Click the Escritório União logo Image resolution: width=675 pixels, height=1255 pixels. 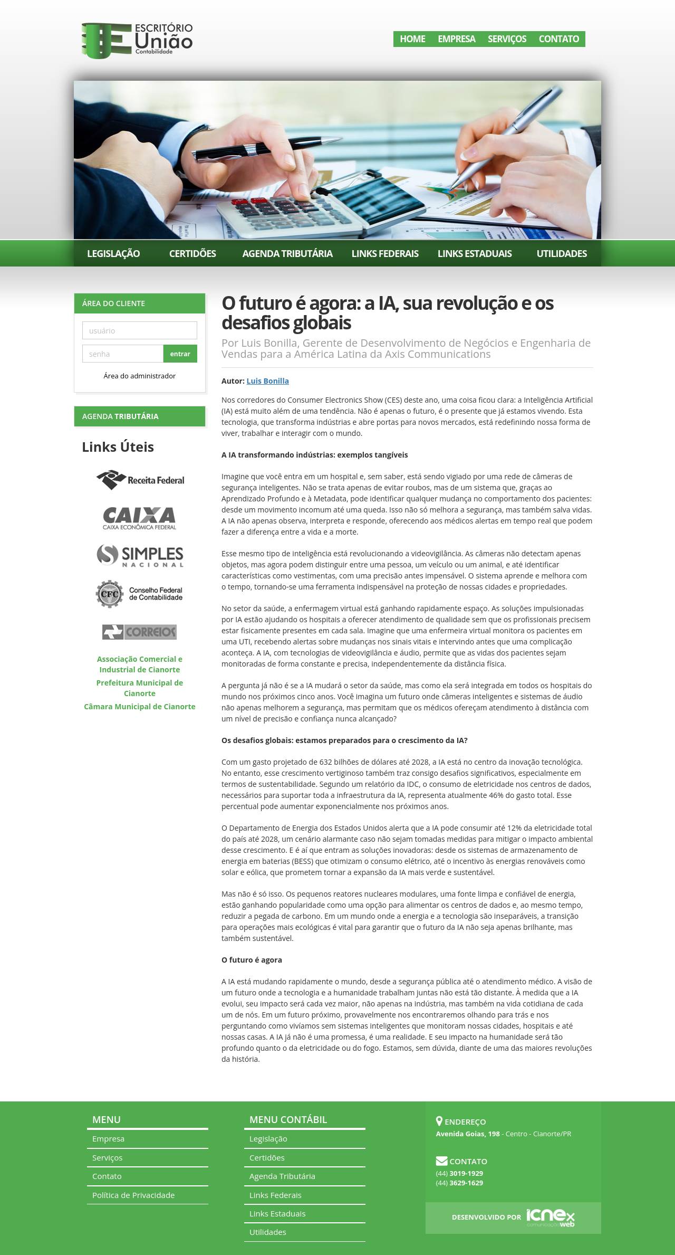[x=137, y=40]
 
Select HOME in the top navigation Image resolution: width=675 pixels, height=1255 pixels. [x=412, y=39]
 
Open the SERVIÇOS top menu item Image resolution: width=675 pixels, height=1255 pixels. [x=507, y=39]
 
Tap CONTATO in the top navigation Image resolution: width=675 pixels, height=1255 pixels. [x=558, y=39]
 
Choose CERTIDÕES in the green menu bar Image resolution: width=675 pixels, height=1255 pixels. [x=192, y=254]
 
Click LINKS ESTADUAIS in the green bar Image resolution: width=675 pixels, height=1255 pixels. [x=475, y=254]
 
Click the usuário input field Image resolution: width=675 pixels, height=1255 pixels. [x=140, y=331]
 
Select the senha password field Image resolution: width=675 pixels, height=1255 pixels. [x=123, y=354]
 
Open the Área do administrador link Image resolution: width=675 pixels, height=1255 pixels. [x=140, y=376]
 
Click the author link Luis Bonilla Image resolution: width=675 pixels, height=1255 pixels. [x=267, y=381]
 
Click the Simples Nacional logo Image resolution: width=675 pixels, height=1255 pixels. [x=140, y=556]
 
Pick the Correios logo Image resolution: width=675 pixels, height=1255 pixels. [x=140, y=632]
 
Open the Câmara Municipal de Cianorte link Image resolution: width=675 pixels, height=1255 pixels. [x=140, y=707]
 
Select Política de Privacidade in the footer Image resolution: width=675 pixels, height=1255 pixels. [x=133, y=1195]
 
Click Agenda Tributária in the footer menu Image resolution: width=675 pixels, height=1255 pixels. [x=282, y=1176]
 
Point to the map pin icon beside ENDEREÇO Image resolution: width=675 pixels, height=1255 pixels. [x=439, y=1121]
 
